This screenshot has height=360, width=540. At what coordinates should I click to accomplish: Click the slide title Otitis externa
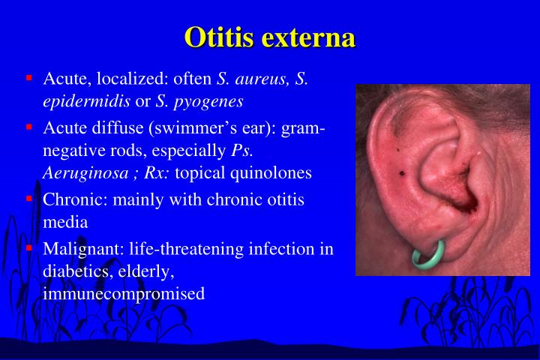270,37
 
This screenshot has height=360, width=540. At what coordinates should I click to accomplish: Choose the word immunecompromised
124,294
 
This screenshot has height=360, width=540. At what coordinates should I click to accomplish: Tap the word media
65,222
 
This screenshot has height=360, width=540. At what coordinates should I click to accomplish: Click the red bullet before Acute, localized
29,77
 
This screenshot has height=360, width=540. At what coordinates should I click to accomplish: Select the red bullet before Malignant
29,247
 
